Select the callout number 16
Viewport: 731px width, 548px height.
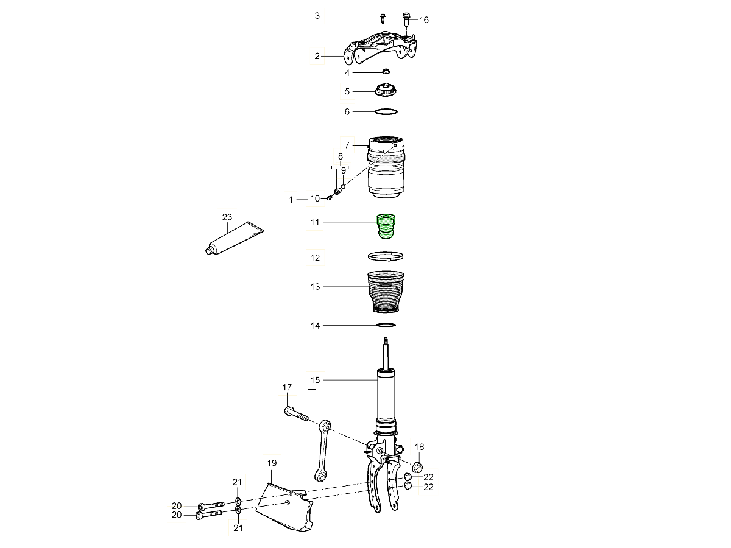tap(423, 20)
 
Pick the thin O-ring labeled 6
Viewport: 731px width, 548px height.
tap(386, 112)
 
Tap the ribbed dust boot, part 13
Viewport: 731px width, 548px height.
tap(385, 292)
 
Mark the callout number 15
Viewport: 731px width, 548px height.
tap(315, 381)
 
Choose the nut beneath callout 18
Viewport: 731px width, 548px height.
tap(418, 467)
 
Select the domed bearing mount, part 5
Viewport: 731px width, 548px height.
tap(384, 91)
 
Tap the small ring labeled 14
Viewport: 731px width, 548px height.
tap(386, 326)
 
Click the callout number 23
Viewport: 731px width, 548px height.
tap(227, 217)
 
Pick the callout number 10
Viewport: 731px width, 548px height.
tap(315, 198)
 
